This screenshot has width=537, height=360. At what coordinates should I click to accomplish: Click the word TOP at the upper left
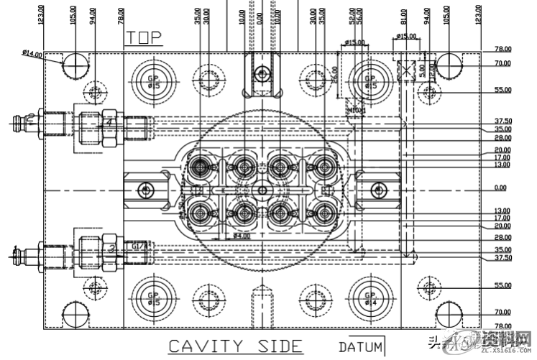coord(144,37)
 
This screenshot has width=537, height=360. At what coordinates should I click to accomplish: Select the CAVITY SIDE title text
coord(235,346)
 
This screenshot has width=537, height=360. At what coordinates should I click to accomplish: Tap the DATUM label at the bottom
coord(362,347)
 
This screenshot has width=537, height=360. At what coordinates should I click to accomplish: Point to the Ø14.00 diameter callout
coord(32,53)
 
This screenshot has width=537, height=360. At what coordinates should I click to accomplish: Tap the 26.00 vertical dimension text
coord(335,75)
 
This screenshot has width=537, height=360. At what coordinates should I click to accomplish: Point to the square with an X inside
coord(406,70)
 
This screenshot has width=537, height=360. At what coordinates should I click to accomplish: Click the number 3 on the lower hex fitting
coord(112,247)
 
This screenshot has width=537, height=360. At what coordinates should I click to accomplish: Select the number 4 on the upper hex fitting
coord(109,123)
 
